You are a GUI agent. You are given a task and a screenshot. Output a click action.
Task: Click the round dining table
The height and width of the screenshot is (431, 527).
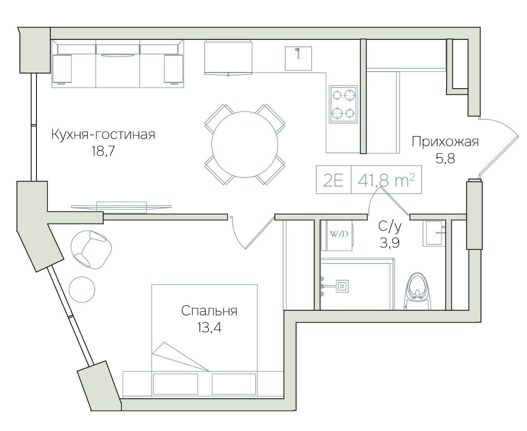[245, 144]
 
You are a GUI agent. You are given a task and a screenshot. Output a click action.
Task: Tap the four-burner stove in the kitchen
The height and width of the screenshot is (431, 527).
[343, 104]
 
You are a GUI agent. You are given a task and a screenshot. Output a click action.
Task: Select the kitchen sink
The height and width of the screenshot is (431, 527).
[298, 58]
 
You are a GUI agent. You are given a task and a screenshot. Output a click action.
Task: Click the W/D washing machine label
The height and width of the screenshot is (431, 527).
[339, 234]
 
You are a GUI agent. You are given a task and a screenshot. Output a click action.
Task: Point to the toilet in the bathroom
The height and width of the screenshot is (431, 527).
[417, 292]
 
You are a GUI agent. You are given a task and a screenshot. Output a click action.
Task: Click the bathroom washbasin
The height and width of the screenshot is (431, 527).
[434, 233]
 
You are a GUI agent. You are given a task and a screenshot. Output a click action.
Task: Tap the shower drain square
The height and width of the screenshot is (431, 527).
[342, 286]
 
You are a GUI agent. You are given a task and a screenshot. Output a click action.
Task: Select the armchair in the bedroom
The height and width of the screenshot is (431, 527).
[91, 250]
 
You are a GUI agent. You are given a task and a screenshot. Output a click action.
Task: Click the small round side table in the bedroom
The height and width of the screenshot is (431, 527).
[82, 289]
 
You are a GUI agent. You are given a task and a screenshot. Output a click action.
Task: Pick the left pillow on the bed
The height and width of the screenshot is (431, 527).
[175, 384]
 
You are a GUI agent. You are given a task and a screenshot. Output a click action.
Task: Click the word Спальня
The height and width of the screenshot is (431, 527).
[209, 311]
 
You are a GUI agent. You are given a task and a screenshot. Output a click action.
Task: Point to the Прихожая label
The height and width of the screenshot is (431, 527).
[445, 142]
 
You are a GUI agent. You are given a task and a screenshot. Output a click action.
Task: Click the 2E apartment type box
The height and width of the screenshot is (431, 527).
[334, 179]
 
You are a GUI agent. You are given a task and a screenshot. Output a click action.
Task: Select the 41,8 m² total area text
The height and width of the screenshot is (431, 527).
[386, 180]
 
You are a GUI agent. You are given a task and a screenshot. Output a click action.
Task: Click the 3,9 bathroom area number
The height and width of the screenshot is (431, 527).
[389, 243]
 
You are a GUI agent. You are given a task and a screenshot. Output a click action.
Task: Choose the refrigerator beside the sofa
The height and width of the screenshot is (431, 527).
[228, 58]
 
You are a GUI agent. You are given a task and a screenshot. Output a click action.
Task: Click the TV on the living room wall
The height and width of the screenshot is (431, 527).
[121, 207]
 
